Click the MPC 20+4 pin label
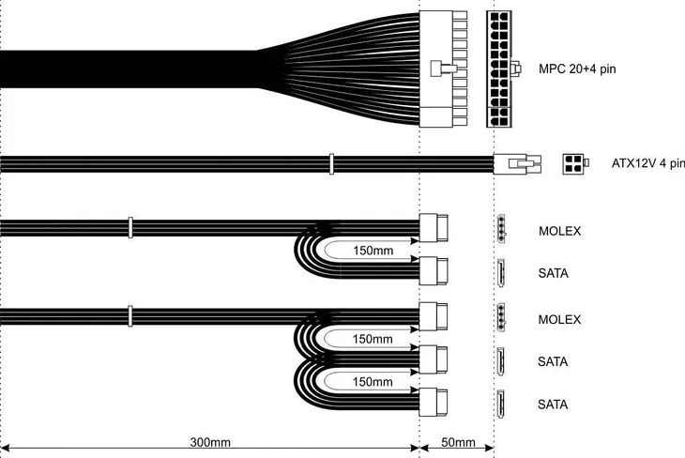(577, 69)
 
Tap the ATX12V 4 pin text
(641, 163)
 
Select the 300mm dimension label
(210, 441)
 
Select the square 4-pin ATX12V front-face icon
(573, 163)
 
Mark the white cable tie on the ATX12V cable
(330, 164)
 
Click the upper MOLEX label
(560, 231)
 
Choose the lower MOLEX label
(560, 320)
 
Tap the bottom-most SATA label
(553, 404)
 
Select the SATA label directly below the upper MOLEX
(553, 273)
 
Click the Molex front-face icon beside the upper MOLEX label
(503, 229)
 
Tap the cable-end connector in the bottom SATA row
(433, 403)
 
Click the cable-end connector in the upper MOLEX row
(434, 228)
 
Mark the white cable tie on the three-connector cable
(129, 313)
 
